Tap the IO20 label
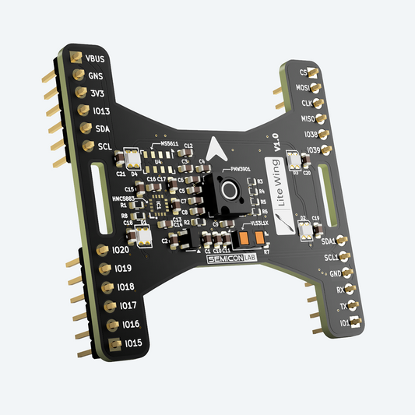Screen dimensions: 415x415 click(121, 250)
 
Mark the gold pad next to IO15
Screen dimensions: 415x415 click(115, 343)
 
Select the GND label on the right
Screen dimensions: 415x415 click(334, 273)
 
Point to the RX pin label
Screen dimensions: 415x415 click(339, 290)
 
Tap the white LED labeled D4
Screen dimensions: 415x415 click(131, 160)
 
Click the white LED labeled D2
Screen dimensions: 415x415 click(305, 230)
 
